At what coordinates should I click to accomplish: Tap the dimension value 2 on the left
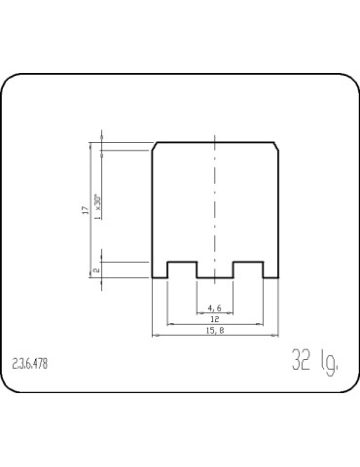94,269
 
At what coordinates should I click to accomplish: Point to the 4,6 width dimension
214,309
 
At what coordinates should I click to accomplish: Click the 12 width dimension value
214,319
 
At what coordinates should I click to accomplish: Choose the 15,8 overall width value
216,331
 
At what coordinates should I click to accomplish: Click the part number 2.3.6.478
30,365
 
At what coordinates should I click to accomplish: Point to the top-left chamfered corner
156,147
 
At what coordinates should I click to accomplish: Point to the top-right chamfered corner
276,147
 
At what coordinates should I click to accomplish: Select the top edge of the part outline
215,143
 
